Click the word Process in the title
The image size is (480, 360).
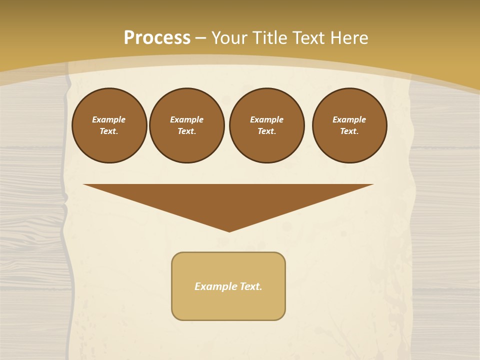tap(157, 38)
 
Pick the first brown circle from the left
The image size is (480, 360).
tap(109, 125)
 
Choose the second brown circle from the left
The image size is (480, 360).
tap(187, 125)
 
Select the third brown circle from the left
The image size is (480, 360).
tap(267, 125)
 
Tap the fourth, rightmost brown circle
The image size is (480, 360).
tap(349, 125)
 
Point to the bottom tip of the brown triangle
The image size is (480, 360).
tap(229, 230)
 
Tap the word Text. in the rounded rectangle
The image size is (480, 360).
tap(250, 286)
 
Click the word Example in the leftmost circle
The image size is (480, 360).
tap(109, 119)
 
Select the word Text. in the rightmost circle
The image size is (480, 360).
tap(349, 131)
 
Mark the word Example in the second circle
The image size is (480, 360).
tap(187, 119)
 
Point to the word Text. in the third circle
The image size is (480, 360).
tap(267, 131)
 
